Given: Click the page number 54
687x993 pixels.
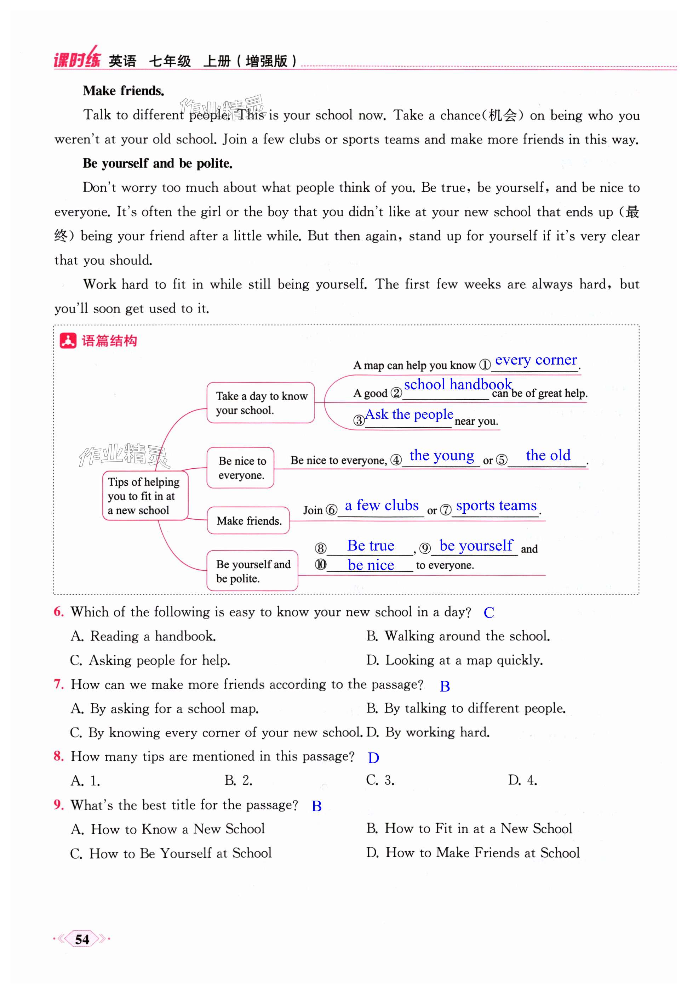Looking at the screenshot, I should tap(82, 939).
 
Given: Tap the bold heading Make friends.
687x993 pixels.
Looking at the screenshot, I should tap(124, 91).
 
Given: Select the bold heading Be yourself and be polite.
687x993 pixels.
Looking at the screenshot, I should tap(158, 164).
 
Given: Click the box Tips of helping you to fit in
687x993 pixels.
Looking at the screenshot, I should tap(145, 496).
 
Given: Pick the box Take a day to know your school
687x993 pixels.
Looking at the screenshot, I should tap(261, 403).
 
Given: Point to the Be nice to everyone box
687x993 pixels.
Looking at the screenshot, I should tap(241, 468).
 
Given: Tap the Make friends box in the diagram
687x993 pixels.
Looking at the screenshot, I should tap(248, 521).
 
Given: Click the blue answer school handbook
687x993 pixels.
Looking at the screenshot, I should tap(457, 384).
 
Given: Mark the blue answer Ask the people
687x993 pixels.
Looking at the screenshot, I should tap(409, 414).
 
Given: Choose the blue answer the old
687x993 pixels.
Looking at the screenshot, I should tap(548, 455).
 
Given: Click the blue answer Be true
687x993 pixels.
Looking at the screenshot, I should tap(371, 546).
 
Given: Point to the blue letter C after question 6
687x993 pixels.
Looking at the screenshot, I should tap(488, 613).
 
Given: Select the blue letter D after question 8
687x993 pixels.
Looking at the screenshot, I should tap(373, 758).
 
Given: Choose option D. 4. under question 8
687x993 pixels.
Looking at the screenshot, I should tap(522, 780).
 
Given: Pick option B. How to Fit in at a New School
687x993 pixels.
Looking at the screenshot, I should tap(469, 828).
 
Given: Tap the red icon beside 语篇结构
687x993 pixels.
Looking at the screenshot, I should tap(68, 341).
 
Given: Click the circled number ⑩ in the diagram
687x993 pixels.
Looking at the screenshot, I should tap(321, 565).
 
